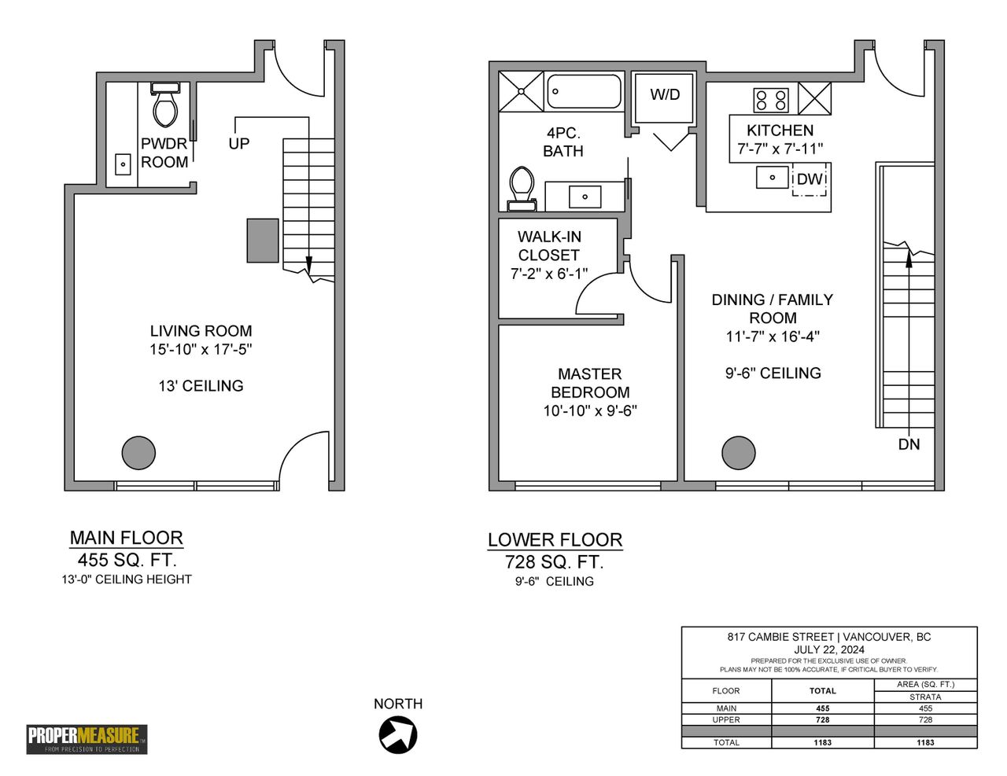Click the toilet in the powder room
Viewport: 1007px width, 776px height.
(165, 105)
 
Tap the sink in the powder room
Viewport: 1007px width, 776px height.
(123, 164)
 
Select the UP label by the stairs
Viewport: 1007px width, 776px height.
(239, 144)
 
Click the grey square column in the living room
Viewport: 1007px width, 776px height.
(263, 241)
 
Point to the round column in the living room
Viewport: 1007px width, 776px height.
(138, 453)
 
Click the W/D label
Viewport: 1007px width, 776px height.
(665, 94)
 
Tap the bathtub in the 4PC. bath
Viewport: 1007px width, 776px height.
(584, 91)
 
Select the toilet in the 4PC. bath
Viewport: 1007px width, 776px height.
(522, 189)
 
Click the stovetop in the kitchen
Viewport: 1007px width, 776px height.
(771, 100)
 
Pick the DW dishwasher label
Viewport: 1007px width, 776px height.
(810, 179)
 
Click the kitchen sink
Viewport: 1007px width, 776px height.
(772, 178)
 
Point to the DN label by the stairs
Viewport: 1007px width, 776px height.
(909, 444)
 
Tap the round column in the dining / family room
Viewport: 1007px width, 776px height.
(739, 453)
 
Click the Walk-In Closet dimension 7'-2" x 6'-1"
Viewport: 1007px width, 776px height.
(549, 274)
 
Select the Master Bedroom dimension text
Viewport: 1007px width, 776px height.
(590, 410)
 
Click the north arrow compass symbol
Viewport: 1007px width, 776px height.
(398, 735)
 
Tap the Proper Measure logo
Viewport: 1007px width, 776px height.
(87, 739)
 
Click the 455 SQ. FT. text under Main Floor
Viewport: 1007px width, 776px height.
(127, 561)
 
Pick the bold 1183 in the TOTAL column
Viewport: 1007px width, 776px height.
(823, 742)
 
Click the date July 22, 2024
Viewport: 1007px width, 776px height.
(829, 649)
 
